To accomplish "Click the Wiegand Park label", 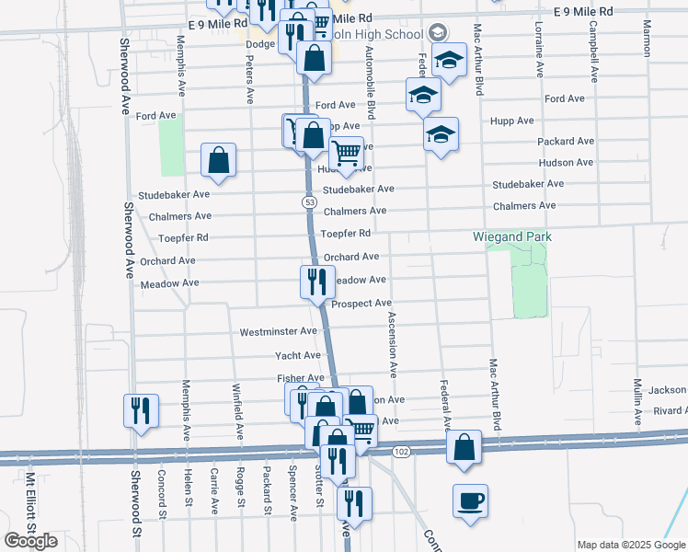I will [x=512, y=236].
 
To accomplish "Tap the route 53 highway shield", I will [x=311, y=201].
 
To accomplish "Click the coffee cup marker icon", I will [x=470, y=501].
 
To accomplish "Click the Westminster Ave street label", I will [x=278, y=331].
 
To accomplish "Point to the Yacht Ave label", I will [x=298, y=355].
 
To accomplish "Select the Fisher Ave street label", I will [x=301, y=378].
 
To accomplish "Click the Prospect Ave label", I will [x=361, y=303].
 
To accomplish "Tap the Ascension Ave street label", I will [x=393, y=345].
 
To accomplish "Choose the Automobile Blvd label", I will [x=371, y=83].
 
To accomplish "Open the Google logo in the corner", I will [x=31, y=541].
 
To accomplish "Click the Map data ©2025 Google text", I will [x=630, y=545].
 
